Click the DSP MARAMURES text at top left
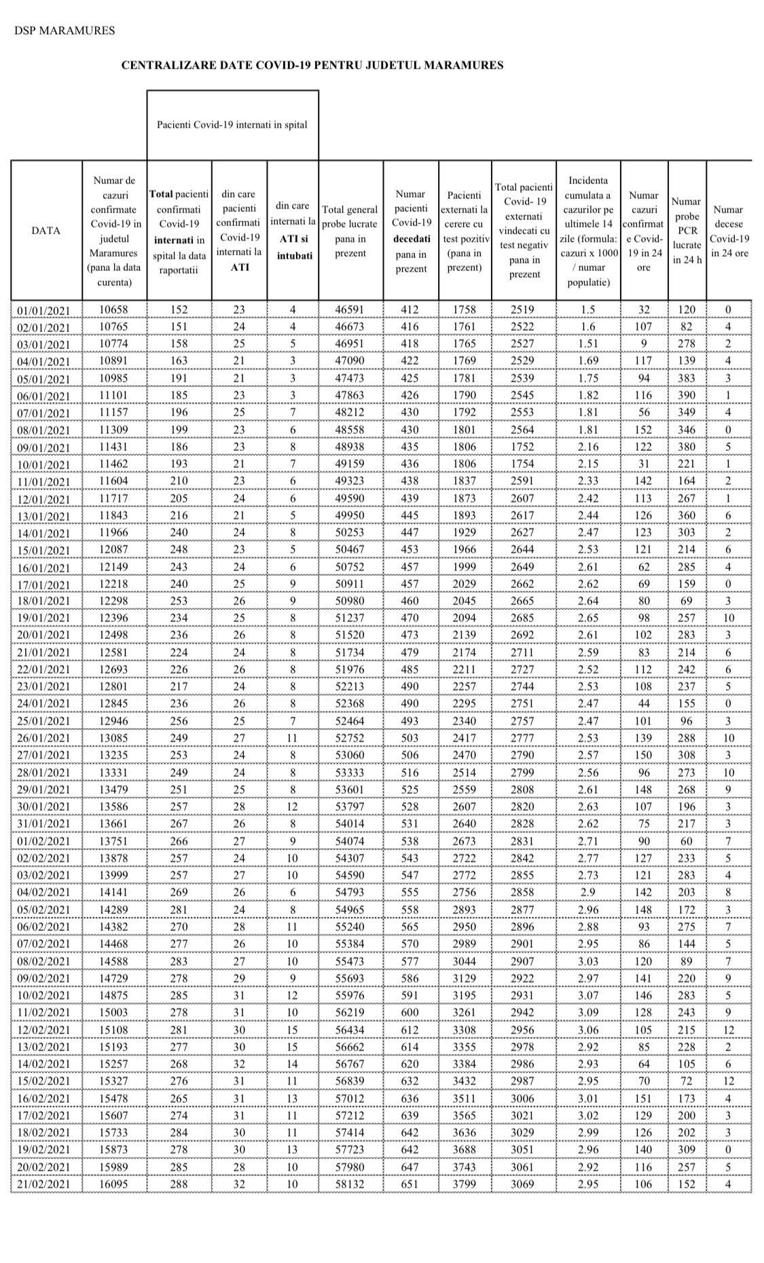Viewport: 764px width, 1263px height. [x=65, y=31]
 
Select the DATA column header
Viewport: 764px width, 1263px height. [x=46, y=231]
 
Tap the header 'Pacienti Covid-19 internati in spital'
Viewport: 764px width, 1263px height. [x=232, y=125]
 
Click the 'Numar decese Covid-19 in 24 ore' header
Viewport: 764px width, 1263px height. [x=729, y=231]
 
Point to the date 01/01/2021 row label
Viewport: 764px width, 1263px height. [x=44, y=310]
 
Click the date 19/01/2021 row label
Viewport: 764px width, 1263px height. [x=44, y=619]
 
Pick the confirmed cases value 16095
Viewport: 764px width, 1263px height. [x=113, y=1184]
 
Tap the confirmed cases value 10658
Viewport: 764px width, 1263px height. [x=113, y=310]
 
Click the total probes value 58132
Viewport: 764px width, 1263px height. [x=350, y=1184]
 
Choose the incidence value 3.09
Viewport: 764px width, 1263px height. [x=588, y=1012]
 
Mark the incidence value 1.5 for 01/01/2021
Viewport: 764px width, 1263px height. [x=588, y=310]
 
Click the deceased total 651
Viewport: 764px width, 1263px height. [x=410, y=1184]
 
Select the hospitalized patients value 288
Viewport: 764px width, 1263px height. [x=179, y=1184]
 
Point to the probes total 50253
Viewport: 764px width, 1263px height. [x=350, y=532]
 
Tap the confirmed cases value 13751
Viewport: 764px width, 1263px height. [x=113, y=841]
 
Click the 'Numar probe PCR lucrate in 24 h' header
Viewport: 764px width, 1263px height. [x=687, y=231]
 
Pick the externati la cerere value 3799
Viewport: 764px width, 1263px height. [x=465, y=1184]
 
